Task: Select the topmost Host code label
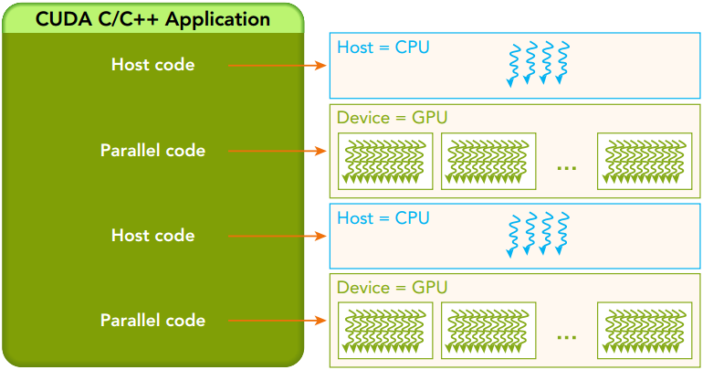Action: pos(152,65)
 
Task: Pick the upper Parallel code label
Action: pos(152,150)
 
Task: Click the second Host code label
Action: pos(152,235)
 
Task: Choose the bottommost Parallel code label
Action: pos(152,320)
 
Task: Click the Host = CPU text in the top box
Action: pos(383,47)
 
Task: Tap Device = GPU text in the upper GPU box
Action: pos(392,118)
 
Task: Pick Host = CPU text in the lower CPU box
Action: pos(383,218)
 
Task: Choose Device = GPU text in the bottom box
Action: pos(392,288)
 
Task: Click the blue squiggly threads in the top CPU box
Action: pos(538,63)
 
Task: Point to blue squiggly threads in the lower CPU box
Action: pos(538,233)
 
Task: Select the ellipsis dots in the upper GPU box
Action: pos(566,167)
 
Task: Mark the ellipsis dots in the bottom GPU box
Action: pos(566,337)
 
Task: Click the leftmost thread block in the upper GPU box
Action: pos(385,162)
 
